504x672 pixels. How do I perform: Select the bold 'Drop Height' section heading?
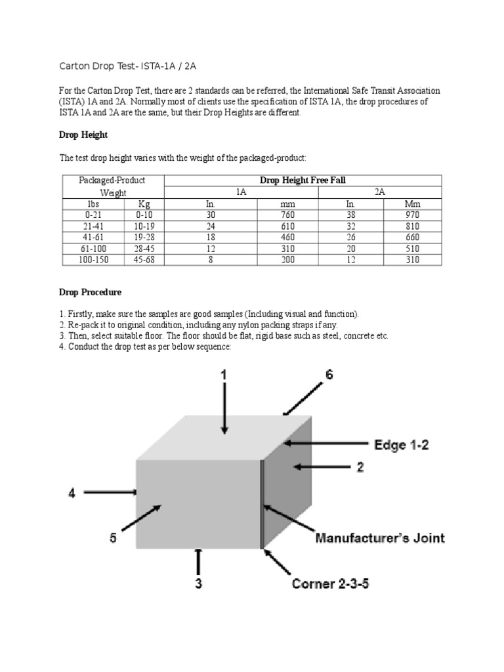point(83,135)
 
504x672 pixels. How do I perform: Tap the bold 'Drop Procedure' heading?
point(91,291)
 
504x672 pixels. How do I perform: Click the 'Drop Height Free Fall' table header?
point(303,180)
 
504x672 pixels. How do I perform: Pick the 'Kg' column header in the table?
point(144,204)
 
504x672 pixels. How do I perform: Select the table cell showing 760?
point(287,214)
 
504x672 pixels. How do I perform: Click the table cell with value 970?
point(413,214)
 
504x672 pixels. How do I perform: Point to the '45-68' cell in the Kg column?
point(144,259)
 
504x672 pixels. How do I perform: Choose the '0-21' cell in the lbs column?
point(93,214)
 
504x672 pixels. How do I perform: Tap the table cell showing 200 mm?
point(287,259)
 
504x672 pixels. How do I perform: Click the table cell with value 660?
point(413,237)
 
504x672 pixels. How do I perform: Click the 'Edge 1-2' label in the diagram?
point(401,445)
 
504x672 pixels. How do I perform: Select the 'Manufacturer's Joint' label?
point(380,538)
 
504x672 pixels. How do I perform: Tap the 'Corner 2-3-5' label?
point(330,583)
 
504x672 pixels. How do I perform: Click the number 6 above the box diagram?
point(329,375)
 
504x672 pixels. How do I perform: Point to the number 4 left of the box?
point(73,492)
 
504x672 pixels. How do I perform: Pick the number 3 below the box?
point(198,583)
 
